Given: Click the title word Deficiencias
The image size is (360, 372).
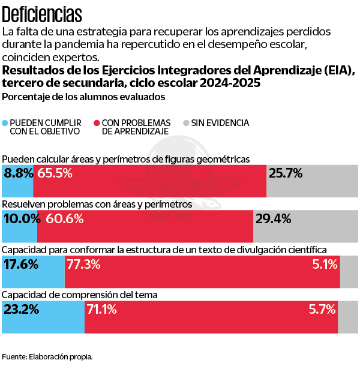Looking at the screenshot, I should click(x=42, y=13).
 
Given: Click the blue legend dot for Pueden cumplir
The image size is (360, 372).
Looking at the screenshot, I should click(x=6, y=122).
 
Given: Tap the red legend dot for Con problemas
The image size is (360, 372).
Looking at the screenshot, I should click(x=97, y=122).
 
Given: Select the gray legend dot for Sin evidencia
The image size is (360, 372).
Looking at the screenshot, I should click(x=187, y=122).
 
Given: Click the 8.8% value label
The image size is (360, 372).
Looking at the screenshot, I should click(x=18, y=173).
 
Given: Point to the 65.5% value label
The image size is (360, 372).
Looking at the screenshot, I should click(x=55, y=173).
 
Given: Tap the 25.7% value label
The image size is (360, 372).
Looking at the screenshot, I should click(x=286, y=173).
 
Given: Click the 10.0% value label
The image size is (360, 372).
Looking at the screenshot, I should click(x=20, y=218).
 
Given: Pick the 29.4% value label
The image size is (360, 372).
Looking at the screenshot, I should click(x=274, y=218).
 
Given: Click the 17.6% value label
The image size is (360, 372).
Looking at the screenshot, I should click(x=21, y=264).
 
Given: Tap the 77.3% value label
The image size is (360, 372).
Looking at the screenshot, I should click(x=83, y=264).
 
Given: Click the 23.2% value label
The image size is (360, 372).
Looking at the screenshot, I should click(x=22, y=310).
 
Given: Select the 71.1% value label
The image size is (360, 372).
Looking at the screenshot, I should click(x=101, y=310).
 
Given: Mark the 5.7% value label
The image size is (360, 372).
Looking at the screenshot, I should click(x=321, y=310).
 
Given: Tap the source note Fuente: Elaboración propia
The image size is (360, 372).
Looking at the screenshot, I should click(x=47, y=356).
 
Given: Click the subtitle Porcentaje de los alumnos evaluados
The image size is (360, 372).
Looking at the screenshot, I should click(x=83, y=97).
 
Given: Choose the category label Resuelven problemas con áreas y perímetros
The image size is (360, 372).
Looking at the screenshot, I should click(x=97, y=204).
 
